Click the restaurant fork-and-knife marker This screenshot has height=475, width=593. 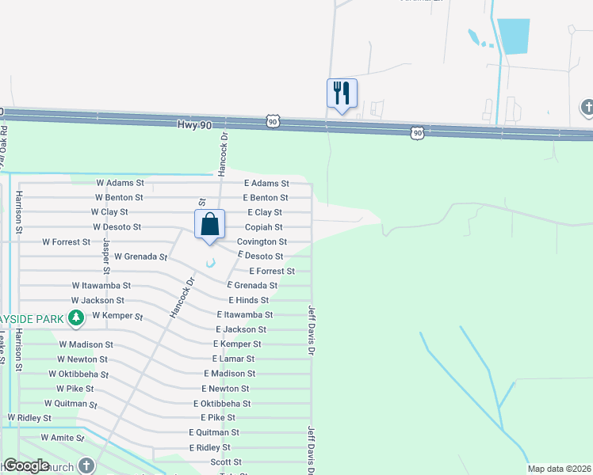pyautogui.click(x=342, y=93)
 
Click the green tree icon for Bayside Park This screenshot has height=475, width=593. pyautogui.click(x=76, y=318)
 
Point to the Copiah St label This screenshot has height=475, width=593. pyautogui.click(x=263, y=227)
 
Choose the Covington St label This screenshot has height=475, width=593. pyautogui.click(x=262, y=241)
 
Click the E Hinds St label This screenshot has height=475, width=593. pyautogui.click(x=249, y=300)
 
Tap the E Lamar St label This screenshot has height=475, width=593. pyautogui.click(x=234, y=359)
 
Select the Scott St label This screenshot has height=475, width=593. pyautogui.click(x=226, y=462)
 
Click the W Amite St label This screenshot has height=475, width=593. pyautogui.click(x=62, y=437)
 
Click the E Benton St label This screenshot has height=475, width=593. pyautogui.click(x=266, y=197)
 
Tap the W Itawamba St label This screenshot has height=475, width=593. pyautogui.click(x=101, y=285)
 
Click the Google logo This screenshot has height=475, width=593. pyautogui.click(x=26, y=465)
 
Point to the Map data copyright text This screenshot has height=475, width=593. pyautogui.click(x=558, y=469)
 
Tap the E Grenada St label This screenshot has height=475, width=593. pyautogui.click(x=252, y=285)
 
